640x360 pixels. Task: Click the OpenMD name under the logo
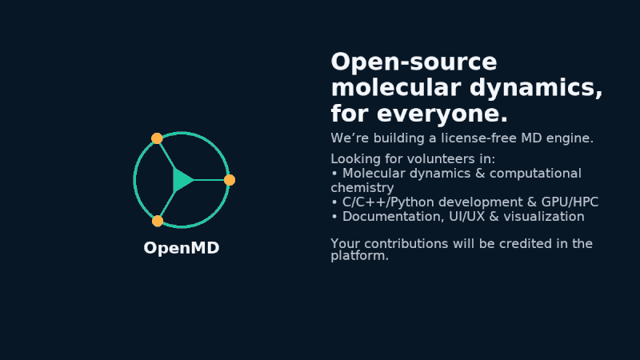181,248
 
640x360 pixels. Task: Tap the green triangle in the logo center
182,180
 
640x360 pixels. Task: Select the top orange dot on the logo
157,138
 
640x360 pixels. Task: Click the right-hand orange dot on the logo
230,180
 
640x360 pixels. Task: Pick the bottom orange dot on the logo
158,221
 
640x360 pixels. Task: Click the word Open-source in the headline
414,62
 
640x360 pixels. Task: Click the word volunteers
432,158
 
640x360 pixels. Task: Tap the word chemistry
362,187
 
